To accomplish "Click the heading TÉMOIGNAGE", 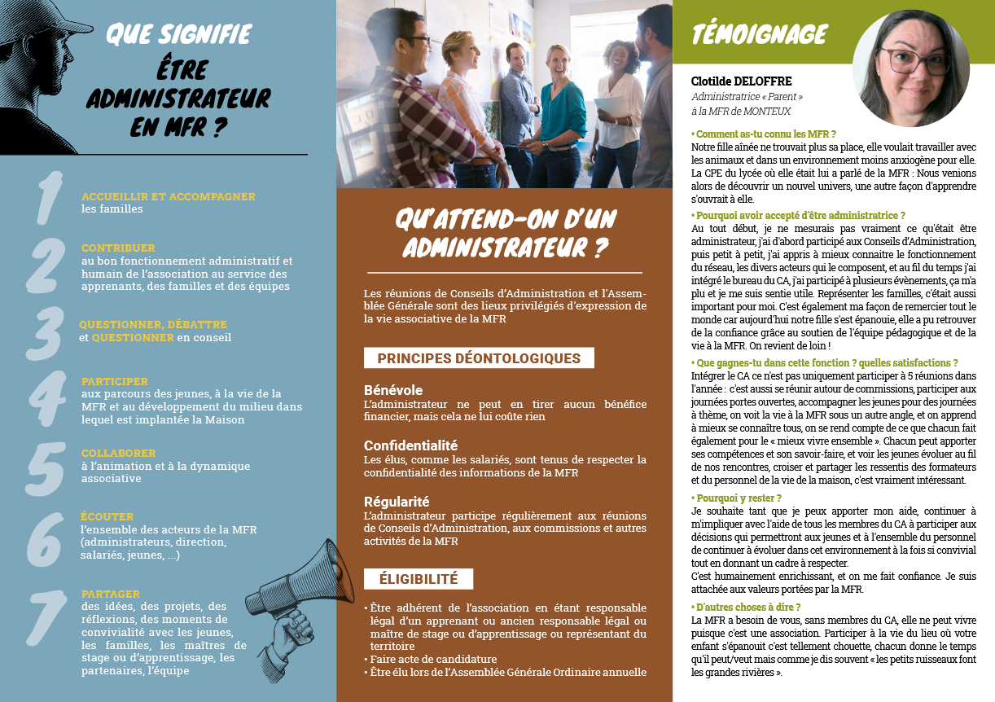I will click(x=759, y=34).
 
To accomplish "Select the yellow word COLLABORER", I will click(x=118, y=453).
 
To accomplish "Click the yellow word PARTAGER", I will click(x=111, y=594).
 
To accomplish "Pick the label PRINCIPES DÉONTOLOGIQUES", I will click(x=479, y=358).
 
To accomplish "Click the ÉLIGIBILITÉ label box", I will click(x=419, y=579).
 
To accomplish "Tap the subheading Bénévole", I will click(x=393, y=390).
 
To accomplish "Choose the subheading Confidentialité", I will click(x=410, y=445).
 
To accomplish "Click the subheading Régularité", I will click(x=397, y=502).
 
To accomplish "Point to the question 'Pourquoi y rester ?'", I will click(x=737, y=498).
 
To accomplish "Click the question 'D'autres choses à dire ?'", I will click(x=746, y=607).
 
